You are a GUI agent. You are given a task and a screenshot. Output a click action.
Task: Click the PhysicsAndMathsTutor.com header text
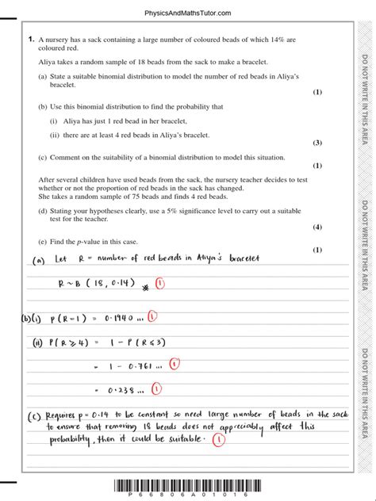[x=187, y=13]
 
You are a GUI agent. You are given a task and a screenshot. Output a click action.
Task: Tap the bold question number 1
[x=29, y=38]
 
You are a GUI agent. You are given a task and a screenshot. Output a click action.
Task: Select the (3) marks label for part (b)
[x=317, y=143]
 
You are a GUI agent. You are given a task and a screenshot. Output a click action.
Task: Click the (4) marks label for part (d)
[x=317, y=228]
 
